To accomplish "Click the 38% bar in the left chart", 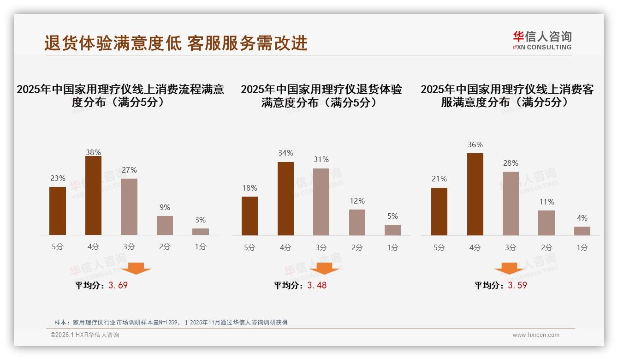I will (x=93, y=196).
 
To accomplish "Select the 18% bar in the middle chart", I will (x=250, y=216).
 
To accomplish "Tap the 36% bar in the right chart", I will (x=475, y=194).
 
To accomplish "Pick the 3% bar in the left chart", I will (x=201, y=232).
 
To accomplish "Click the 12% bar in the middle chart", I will (x=357, y=222).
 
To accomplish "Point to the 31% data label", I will (x=321, y=159).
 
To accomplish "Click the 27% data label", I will (x=129, y=170).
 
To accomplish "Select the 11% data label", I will (x=547, y=202).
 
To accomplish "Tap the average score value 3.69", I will (x=118, y=285).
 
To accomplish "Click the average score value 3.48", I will (x=317, y=285).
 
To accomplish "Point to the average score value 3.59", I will (x=517, y=285).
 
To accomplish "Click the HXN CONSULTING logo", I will (x=542, y=41).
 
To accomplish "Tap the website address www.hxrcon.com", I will (x=536, y=335).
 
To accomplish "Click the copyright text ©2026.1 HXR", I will (x=85, y=335).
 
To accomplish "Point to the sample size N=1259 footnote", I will (x=171, y=322).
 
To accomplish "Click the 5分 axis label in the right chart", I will (x=439, y=247).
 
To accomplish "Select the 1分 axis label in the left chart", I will (x=201, y=246).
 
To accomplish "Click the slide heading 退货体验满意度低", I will (x=113, y=43).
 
